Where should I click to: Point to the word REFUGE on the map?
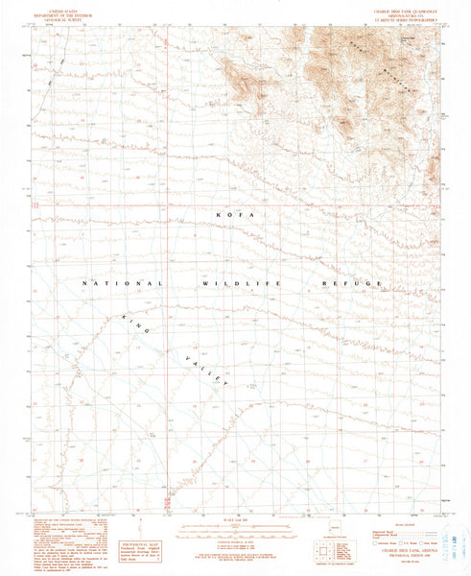[x=351, y=285]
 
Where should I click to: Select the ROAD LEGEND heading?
[x=394, y=524]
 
